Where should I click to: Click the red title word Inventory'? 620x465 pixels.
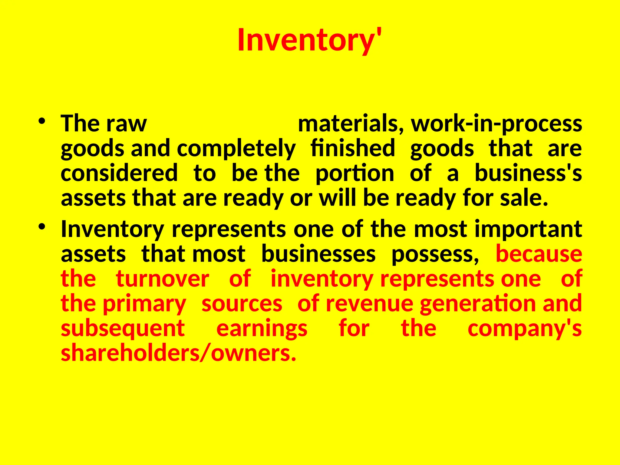309,41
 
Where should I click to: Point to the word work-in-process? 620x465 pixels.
496,124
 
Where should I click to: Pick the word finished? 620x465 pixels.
353,148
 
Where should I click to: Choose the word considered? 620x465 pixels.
119,173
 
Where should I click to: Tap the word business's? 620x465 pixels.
528,173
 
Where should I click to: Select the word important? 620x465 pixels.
528,229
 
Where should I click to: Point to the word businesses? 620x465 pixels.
318,254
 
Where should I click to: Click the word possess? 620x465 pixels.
435,255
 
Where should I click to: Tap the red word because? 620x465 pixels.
539,254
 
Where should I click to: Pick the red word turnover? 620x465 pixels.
163,279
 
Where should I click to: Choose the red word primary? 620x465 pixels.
144,304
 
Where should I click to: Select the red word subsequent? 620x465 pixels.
123,329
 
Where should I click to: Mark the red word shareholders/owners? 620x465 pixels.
178,354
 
